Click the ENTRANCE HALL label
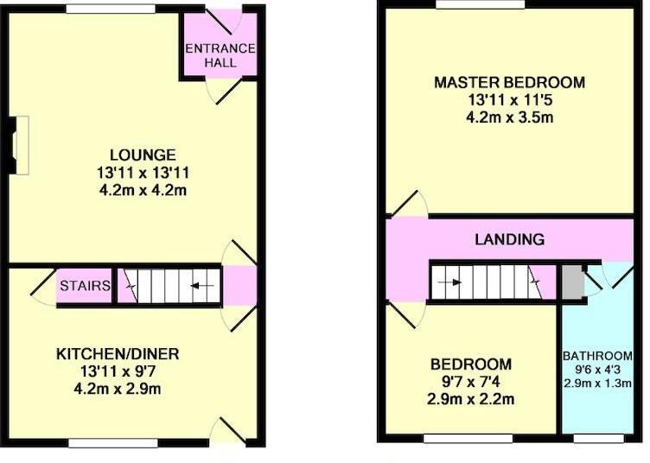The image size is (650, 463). [220, 55]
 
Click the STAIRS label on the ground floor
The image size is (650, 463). [85, 286]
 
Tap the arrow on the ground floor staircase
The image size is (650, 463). [202, 285]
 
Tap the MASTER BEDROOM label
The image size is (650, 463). [509, 83]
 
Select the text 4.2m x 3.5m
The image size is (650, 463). [509, 117]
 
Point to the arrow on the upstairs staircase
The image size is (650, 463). [449, 282]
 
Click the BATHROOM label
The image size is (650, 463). [598, 356]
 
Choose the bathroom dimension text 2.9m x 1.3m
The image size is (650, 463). [598, 384]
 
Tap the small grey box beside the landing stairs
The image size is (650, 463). [571, 282]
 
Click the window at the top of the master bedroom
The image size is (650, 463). [481, 4]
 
